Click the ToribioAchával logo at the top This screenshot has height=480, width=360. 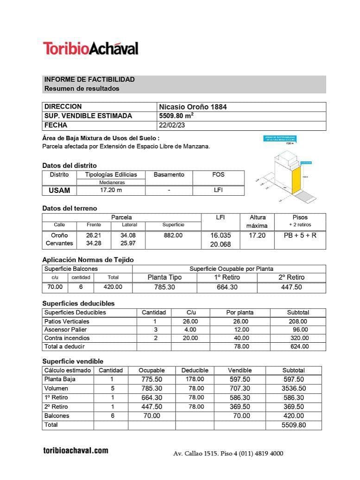(x=91, y=48)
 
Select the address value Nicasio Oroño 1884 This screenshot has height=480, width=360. (x=193, y=107)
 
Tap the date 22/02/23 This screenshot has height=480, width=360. (x=171, y=125)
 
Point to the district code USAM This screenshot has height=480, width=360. (x=59, y=190)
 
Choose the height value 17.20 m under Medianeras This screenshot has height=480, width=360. (x=111, y=190)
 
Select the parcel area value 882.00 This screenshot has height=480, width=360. (x=173, y=235)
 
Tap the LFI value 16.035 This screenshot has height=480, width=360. (x=221, y=235)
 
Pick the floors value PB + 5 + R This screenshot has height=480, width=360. (x=300, y=235)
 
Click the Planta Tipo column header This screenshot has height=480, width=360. (x=164, y=277)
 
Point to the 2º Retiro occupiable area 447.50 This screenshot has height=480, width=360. (x=291, y=287)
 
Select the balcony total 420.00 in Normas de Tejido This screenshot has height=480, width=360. (x=113, y=287)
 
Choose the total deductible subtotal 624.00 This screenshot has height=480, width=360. (x=298, y=346)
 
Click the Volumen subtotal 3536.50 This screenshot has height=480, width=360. (x=294, y=388)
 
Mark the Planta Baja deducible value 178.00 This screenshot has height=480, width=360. (x=195, y=379)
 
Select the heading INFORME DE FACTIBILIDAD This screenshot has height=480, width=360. (x=89, y=79)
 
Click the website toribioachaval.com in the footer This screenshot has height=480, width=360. (x=76, y=450)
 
